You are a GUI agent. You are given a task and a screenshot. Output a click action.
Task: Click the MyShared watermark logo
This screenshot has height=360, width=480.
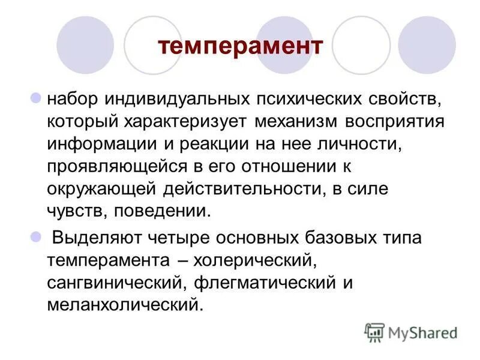pyautogui.click(x=410, y=332)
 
